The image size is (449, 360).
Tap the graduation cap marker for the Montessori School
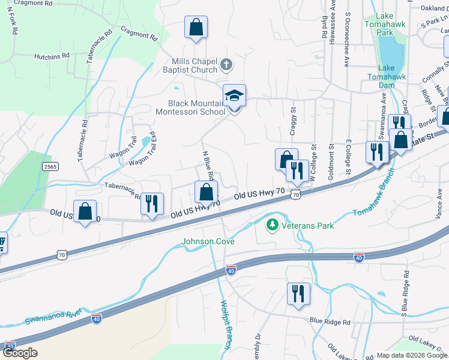234,95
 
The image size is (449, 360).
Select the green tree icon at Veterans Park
272,225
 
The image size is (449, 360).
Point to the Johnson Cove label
208,242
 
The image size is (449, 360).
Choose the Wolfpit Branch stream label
226,325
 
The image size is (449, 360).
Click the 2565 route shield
50,166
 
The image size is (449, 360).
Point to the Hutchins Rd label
52,55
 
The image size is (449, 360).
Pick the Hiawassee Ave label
333,20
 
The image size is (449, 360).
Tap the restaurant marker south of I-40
298,294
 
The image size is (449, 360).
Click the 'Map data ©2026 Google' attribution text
412,355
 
